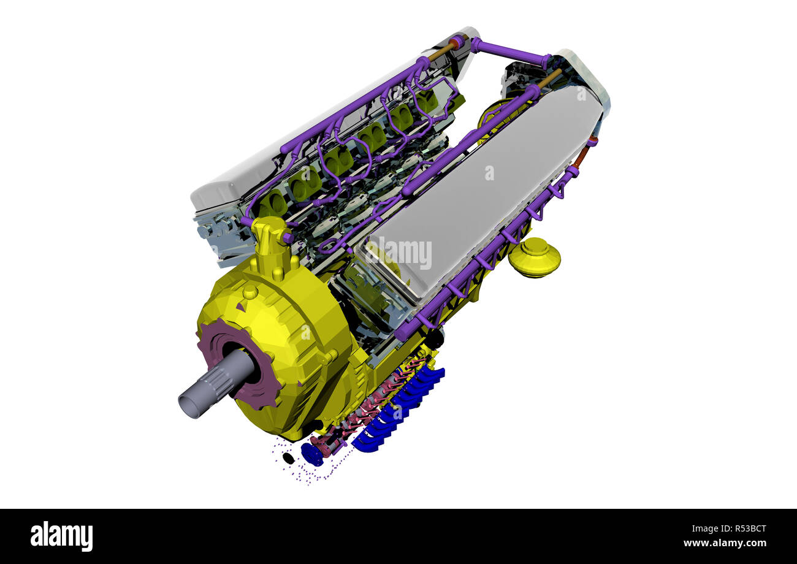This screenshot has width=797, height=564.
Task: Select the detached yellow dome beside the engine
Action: click(533, 257)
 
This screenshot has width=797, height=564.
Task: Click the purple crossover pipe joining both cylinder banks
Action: click(509, 52)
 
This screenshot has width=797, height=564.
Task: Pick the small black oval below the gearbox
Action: click(288, 457)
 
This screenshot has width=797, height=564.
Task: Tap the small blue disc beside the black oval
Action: click(311, 454)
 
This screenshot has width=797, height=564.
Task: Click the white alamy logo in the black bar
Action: click(61, 536)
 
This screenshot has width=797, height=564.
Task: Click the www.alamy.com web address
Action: click(724, 543)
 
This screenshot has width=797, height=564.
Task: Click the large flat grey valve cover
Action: click(484, 184)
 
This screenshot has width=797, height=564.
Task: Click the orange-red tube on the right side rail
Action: click(581, 156)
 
